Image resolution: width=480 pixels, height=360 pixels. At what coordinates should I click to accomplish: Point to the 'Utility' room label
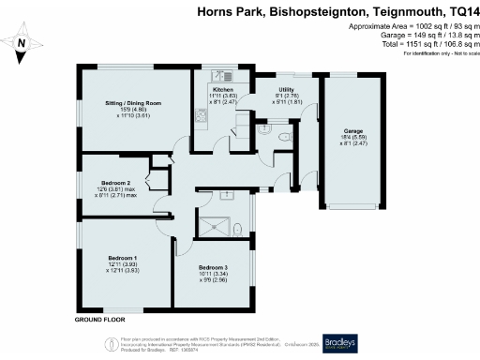tap(287, 89)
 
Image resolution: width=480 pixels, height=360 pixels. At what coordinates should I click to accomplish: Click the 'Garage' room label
tap(352, 131)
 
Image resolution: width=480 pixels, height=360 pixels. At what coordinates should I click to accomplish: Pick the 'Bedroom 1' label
tap(122, 257)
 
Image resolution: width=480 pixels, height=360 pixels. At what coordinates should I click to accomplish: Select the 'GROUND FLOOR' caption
tap(100, 320)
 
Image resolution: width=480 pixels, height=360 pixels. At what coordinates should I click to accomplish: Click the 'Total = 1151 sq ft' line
tap(433, 45)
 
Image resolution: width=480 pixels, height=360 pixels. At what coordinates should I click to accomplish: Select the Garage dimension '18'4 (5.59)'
tap(352, 138)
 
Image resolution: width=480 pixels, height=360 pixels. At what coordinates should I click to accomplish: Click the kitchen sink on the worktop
tap(200, 116)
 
